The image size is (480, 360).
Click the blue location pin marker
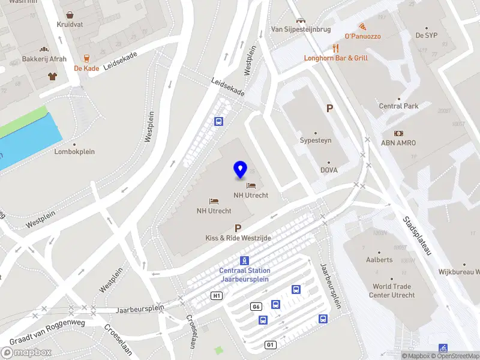coord(241,170)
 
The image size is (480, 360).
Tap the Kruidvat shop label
coord(70,25)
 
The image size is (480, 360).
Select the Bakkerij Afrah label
coord(44,59)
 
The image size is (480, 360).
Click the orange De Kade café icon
coord(86,58)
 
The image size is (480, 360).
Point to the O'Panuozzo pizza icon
coord(362,26)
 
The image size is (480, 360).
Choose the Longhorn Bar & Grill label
coord(336,58)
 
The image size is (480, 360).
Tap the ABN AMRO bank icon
coord(398,133)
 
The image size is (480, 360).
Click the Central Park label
coord(398,106)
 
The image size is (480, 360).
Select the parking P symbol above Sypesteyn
coord(329,109)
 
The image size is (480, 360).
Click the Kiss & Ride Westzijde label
coord(238,238)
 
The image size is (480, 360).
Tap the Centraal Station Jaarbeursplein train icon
coord(244,260)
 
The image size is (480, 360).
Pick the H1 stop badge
coord(217,295)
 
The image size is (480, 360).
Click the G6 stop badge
coord(256,307)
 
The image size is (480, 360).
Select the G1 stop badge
coord(271,344)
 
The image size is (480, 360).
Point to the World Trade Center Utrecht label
coord(394,291)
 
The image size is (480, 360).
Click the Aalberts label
coord(379,260)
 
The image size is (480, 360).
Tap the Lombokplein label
coord(75,152)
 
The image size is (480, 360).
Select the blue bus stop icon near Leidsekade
coord(219,122)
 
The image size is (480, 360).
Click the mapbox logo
coord(26,352)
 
